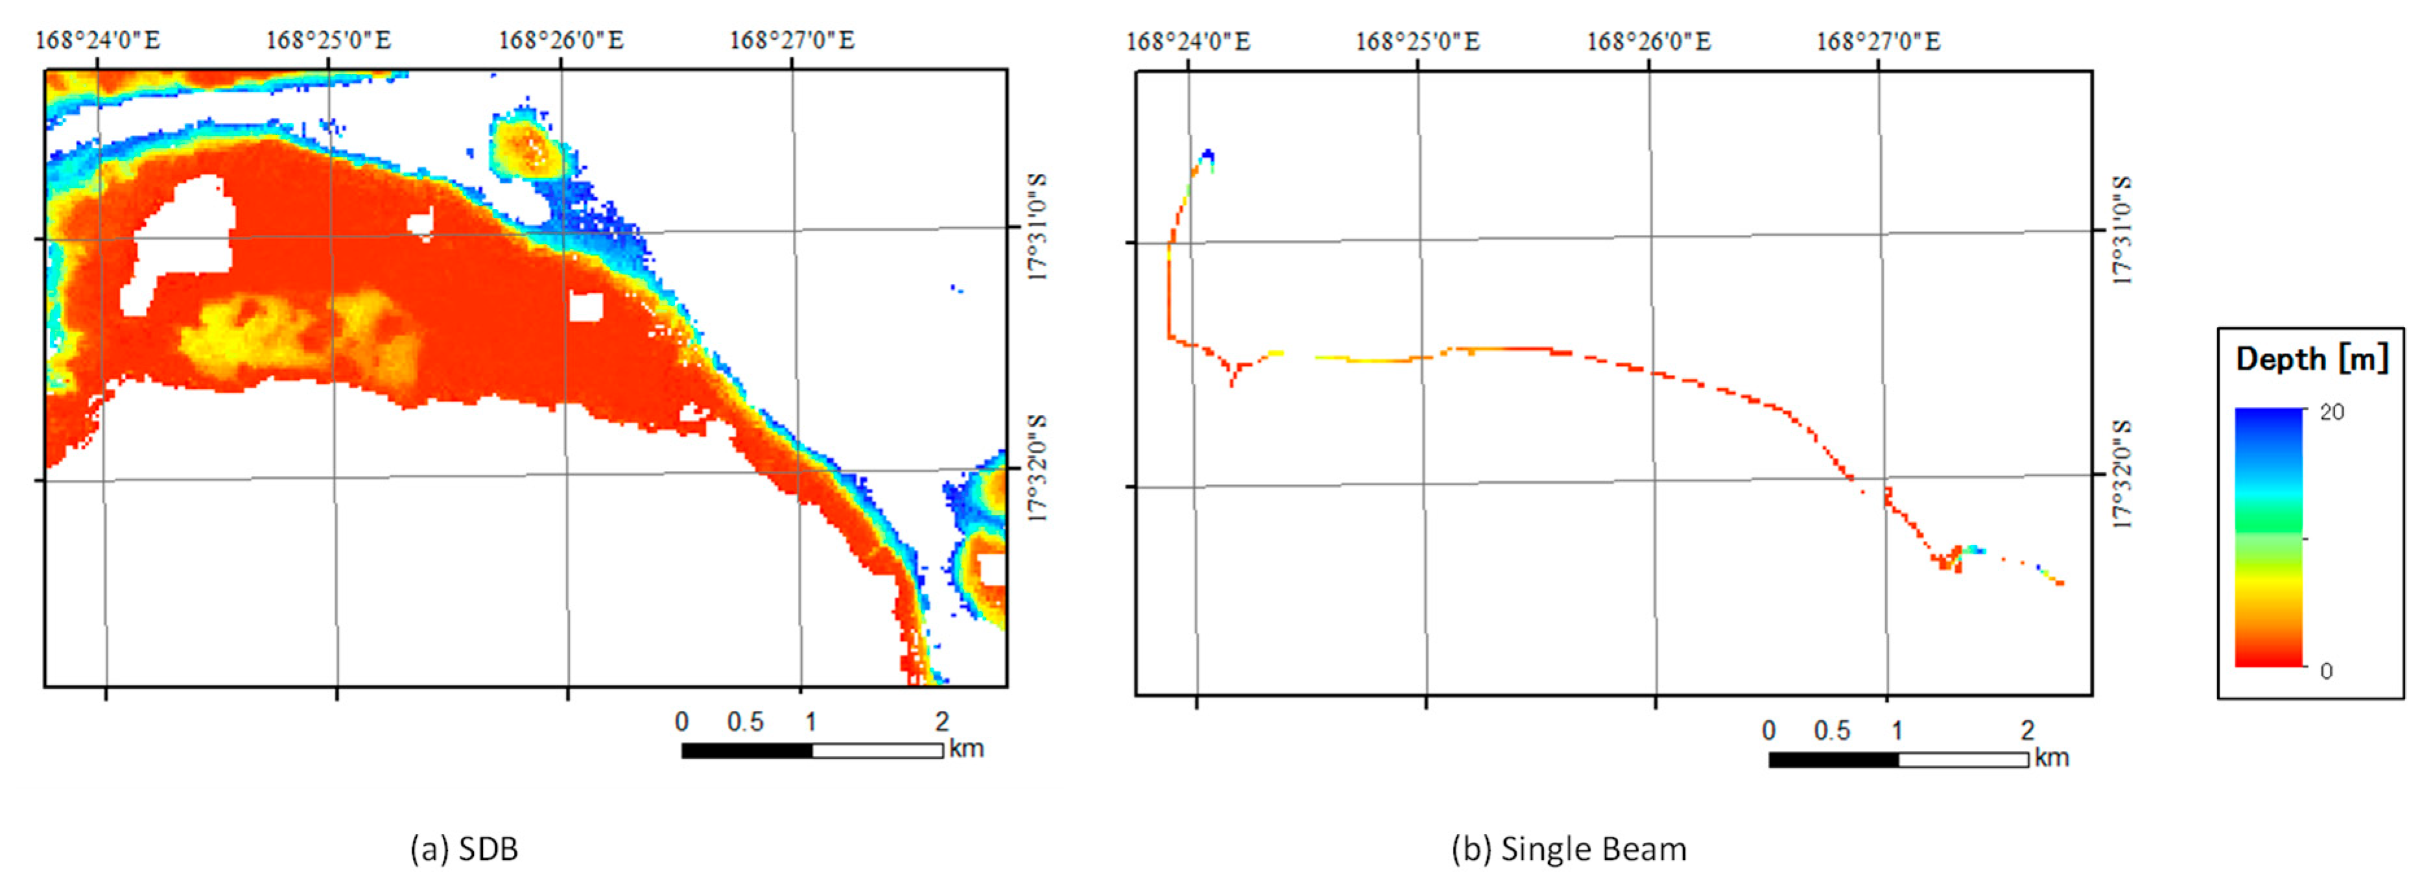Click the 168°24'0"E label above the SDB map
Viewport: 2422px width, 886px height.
click(x=98, y=40)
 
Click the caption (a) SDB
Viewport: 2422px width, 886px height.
click(x=464, y=848)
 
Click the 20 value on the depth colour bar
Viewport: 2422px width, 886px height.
click(x=2332, y=412)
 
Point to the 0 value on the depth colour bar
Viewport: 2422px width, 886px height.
click(x=2326, y=671)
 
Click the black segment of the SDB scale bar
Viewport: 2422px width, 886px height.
click(x=747, y=750)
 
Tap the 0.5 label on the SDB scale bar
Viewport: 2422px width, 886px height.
click(x=745, y=723)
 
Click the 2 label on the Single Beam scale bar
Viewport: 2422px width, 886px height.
click(x=2027, y=731)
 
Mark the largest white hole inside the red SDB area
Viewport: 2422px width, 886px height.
click(x=183, y=240)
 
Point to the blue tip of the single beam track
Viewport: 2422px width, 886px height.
click(x=1207, y=155)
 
